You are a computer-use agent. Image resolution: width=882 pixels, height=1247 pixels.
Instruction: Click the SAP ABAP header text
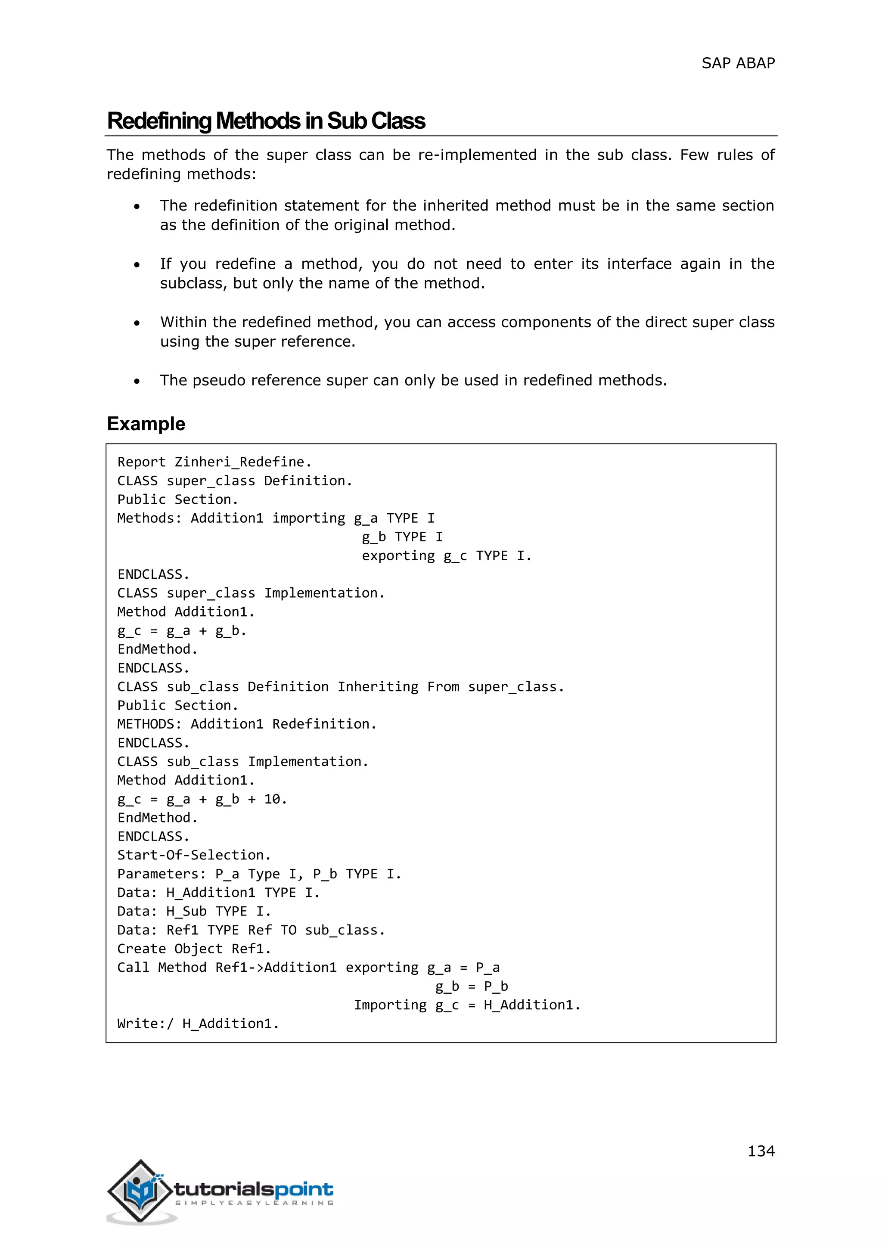(738, 64)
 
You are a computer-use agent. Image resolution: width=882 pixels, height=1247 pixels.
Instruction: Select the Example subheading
(146, 424)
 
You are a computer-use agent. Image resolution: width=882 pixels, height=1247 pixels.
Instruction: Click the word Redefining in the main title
(159, 121)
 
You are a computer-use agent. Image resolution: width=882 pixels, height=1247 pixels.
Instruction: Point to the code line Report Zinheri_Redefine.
(214, 462)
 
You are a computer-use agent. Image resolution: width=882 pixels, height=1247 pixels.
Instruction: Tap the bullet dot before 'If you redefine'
(137, 265)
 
